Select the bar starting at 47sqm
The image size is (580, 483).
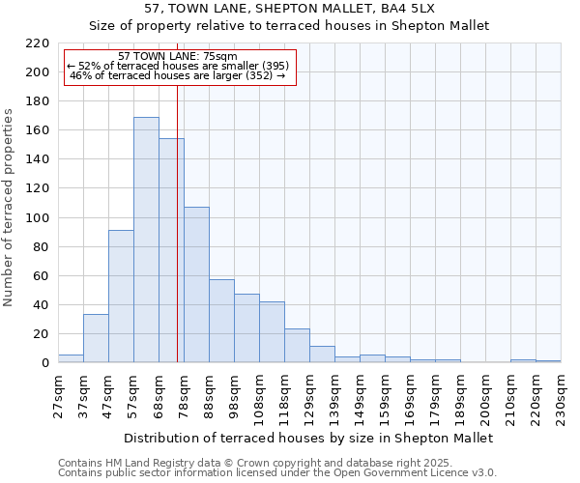(x=121, y=297)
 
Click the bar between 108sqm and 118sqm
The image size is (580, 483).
(x=272, y=332)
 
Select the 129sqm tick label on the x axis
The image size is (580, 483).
(x=310, y=394)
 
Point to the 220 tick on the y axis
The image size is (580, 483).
(x=38, y=43)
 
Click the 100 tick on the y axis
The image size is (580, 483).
(x=38, y=218)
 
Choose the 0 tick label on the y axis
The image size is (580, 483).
(x=45, y=363)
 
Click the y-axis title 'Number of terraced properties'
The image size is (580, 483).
(x=10, y=207)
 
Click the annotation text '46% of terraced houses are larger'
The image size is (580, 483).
(x=178, y=75)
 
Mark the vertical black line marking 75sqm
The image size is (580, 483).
(x=177, y=241)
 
